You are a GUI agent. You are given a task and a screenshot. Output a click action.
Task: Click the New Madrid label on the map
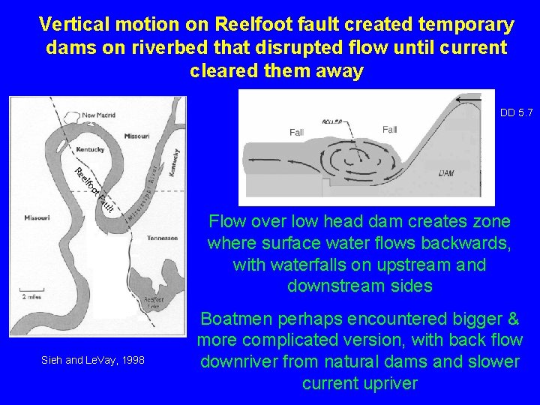(x=99, y=115)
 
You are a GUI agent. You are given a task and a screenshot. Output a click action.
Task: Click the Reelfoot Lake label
(x=154, y=301)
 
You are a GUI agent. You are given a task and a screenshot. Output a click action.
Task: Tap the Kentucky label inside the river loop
(x=91, y=150)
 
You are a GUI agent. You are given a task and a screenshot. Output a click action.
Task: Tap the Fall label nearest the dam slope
(x=389, y=130)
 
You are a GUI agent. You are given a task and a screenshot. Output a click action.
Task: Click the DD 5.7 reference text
(x=516, y=113)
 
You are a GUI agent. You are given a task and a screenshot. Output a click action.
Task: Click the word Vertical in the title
(x=74, y=25)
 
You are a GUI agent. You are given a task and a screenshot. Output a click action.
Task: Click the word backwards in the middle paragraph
(x=466, y=244)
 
